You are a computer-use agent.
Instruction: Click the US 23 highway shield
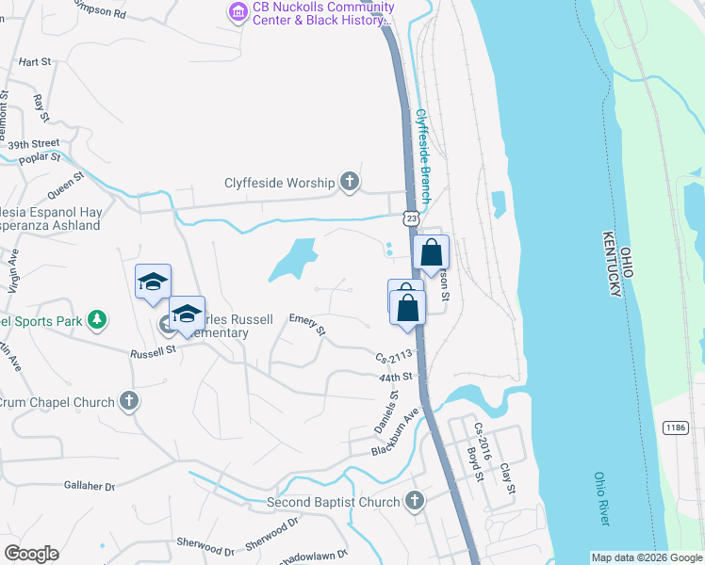point(412,218)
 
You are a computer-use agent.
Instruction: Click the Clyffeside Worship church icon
point(350,183)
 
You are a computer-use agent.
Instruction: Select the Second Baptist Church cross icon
point(414,501)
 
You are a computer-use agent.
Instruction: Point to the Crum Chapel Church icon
point(130,401)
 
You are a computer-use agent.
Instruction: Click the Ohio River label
point(603,499)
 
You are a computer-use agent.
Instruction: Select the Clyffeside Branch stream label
point(423,156)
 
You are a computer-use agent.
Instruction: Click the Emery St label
point(307,325)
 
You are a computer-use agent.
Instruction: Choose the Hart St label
point(34,61)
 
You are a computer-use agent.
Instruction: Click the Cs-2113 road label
point(395,358)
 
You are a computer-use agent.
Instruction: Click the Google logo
point(31,554)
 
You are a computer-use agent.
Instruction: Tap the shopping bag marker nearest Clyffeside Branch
point(432,252)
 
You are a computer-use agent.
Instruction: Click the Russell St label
point(153,351)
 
